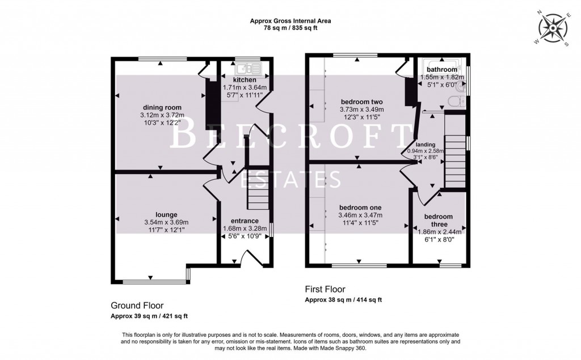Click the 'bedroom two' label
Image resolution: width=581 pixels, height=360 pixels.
(361, 102)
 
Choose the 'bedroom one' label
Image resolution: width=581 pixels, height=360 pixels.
(360, 207)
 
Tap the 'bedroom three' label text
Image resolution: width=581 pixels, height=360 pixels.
(439, 220)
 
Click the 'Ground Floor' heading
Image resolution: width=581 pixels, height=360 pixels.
(137, 306)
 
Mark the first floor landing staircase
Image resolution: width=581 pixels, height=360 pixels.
(455, 161)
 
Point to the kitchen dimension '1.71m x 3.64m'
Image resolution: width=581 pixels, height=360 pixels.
(245, 87)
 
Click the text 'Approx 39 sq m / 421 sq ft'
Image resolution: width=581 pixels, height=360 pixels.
(149, 316)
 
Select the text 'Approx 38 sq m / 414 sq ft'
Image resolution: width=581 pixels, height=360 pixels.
(343, 300)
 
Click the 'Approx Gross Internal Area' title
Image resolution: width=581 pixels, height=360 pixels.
(290, 21)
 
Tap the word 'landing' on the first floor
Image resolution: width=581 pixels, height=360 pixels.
(425, 145)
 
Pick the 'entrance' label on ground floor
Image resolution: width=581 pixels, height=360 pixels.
(245, 221)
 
